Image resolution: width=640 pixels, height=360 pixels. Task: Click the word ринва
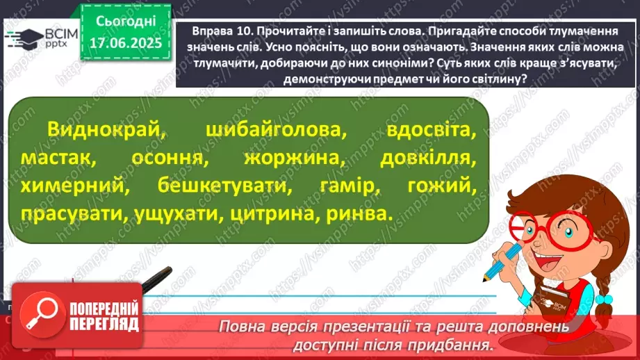point(354,214)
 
